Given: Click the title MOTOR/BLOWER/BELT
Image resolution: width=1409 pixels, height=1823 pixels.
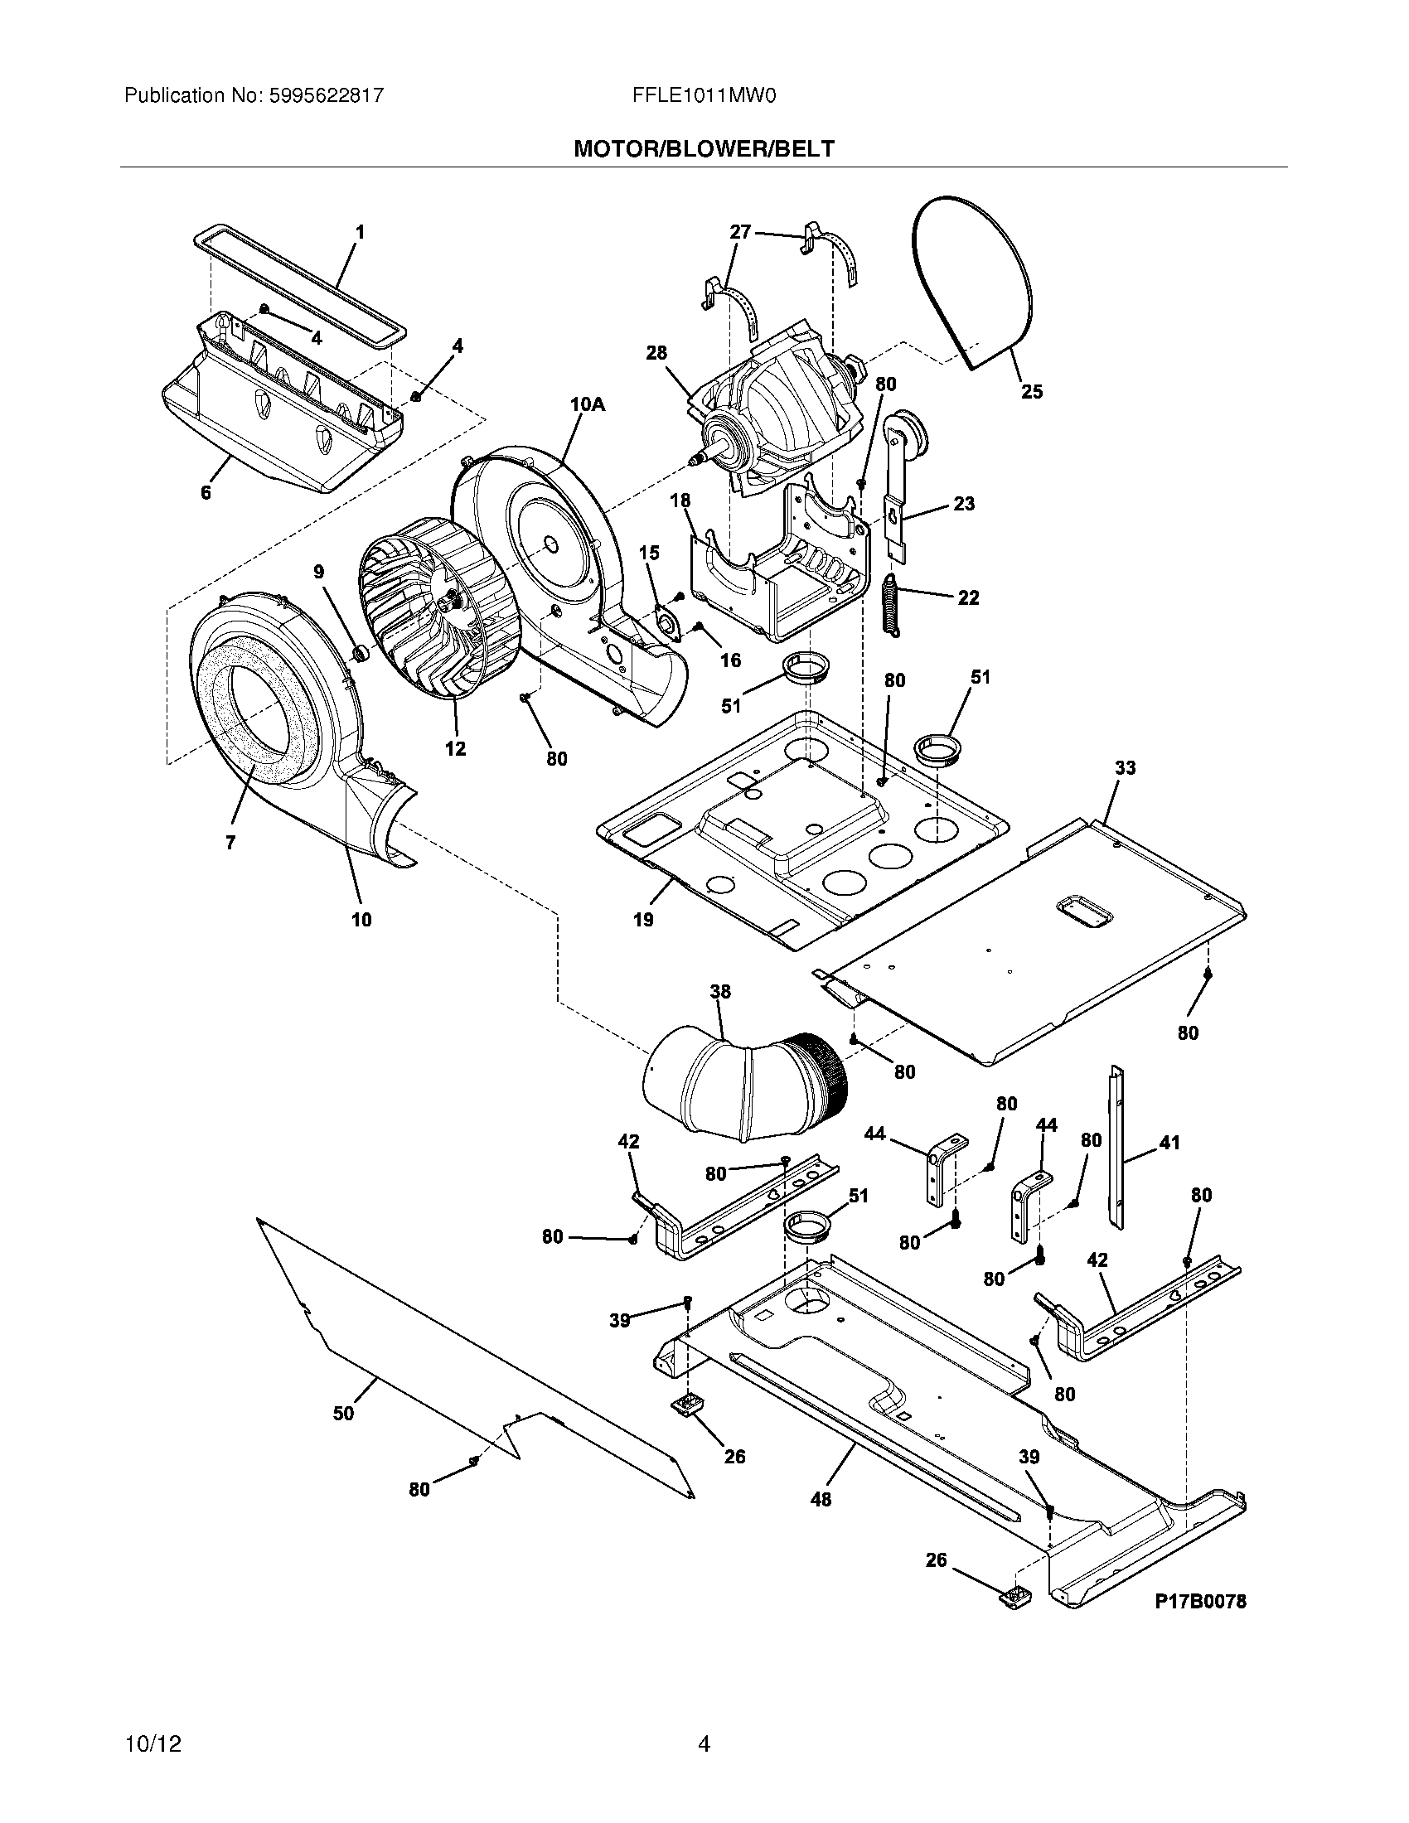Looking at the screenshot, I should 704,148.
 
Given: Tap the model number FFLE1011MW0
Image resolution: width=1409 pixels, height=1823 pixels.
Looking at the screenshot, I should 704,95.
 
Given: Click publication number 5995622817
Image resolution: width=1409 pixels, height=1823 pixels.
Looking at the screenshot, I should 326,95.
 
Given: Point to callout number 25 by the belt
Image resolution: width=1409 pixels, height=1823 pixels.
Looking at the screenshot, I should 1032,391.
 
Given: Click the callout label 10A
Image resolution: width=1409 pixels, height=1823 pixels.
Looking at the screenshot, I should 587,404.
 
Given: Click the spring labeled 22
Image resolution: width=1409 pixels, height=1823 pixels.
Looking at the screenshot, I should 892,606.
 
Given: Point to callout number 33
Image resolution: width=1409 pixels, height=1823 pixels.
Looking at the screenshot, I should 1125,767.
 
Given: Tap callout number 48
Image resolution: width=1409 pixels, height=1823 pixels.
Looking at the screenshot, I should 821,1499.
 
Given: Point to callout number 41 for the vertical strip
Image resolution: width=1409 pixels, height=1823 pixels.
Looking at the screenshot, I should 1169,1142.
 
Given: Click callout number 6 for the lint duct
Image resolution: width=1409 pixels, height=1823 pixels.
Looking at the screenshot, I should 206,492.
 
